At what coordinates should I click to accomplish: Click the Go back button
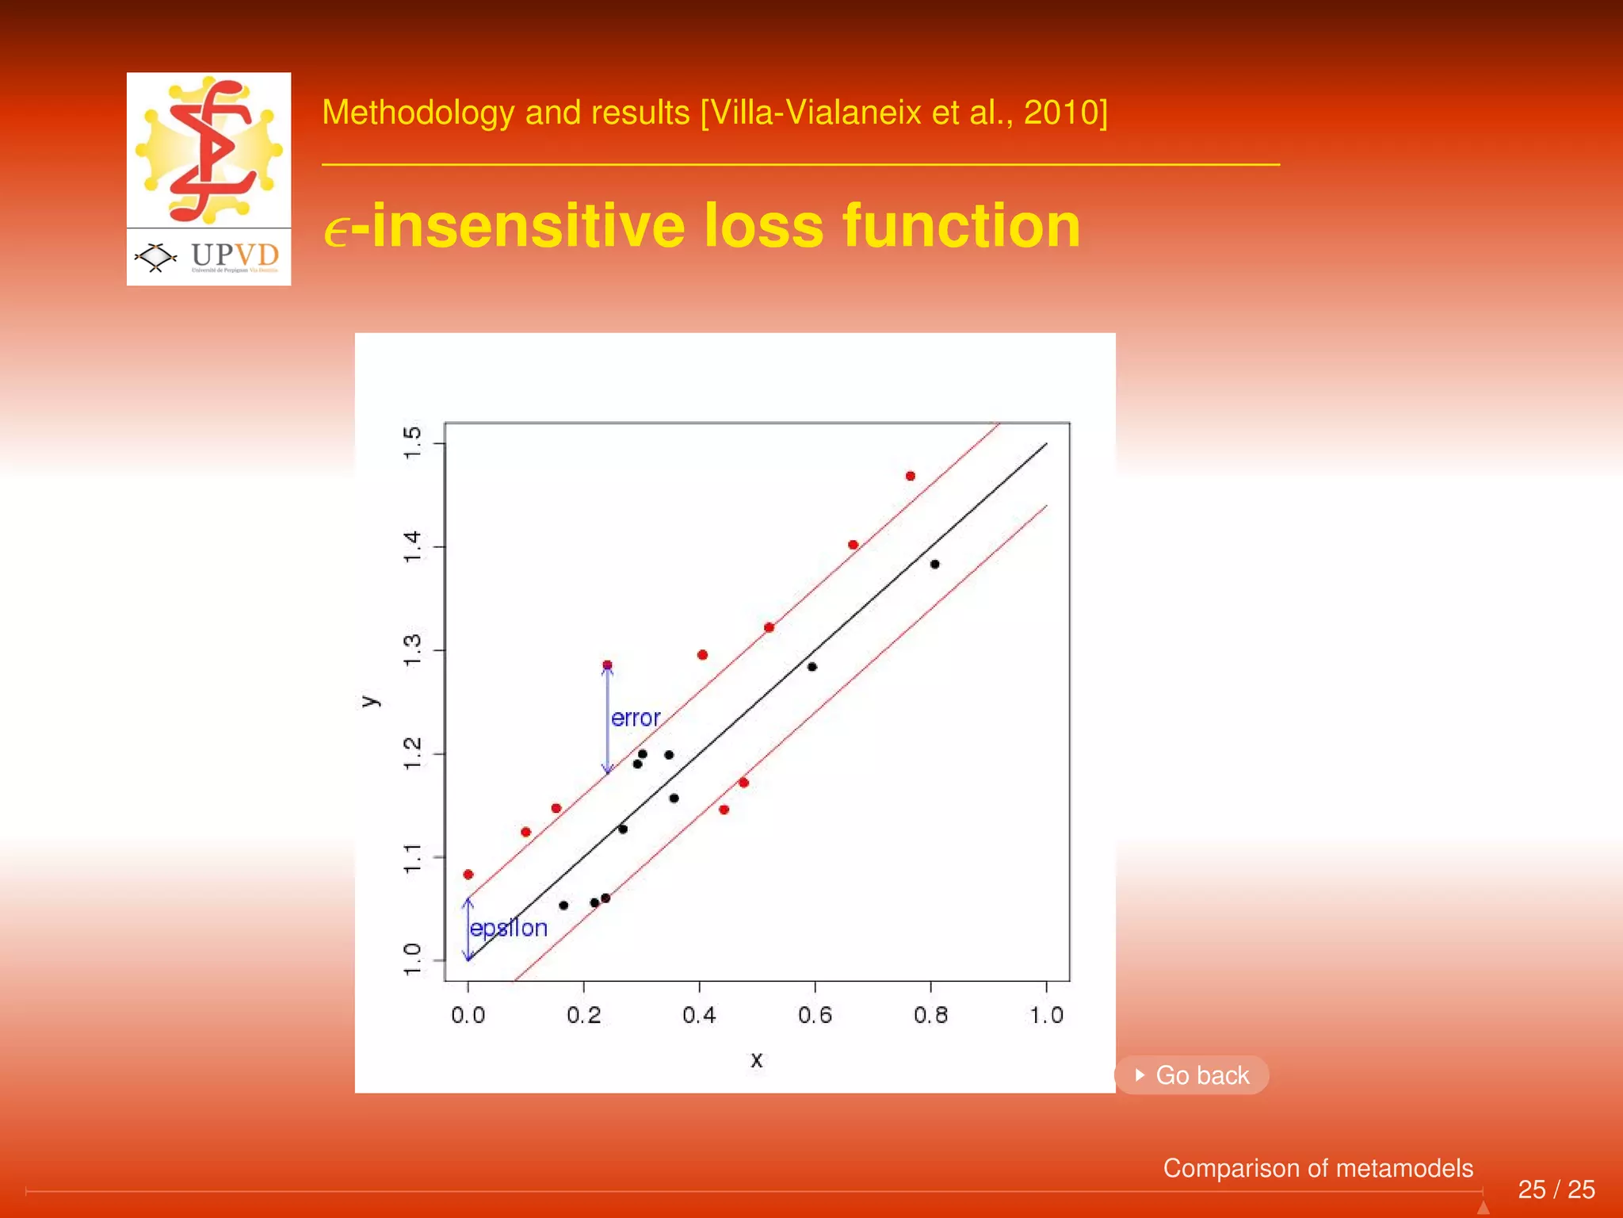pyautogui.click(x=1192, y=1075)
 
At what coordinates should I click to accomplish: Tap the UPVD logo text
pyautogui.click(x=235, y=255)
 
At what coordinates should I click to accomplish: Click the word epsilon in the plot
pyautogui.click(x=509, y=928)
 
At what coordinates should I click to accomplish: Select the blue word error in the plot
pyautogui.click(x=636, y=718)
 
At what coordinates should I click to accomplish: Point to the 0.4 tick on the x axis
pyautogui.click(x=699, y=1015)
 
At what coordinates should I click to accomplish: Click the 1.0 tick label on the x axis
pyautogui.click(x=1046, y=1015)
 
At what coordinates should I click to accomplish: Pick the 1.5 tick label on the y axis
pyautogui.click(x=412, y=442)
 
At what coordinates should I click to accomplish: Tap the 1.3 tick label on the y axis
pyautogui.click(x=412, y=650)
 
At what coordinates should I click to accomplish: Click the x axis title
pyautogui.click(x=756, y=1059)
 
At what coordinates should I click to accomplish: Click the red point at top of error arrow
pyautogui.click(x=607, y=665)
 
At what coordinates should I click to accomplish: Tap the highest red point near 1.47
pyautogui.click(x=911, y=476)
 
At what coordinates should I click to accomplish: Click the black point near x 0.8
pyautogui.click(x=935, y=565)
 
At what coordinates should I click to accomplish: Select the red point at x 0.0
pyautogui.click(x=468, y=875)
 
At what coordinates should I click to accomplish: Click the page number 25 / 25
pyautogui.click(x=1556, y=1189)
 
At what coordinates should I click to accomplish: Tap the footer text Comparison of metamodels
pyautogui.click(x=1317, y=1168)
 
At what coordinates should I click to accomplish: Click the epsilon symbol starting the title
pyautogui.click(x=336, y=232)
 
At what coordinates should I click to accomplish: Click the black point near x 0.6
pyautogui.click(x=811, y=667)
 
